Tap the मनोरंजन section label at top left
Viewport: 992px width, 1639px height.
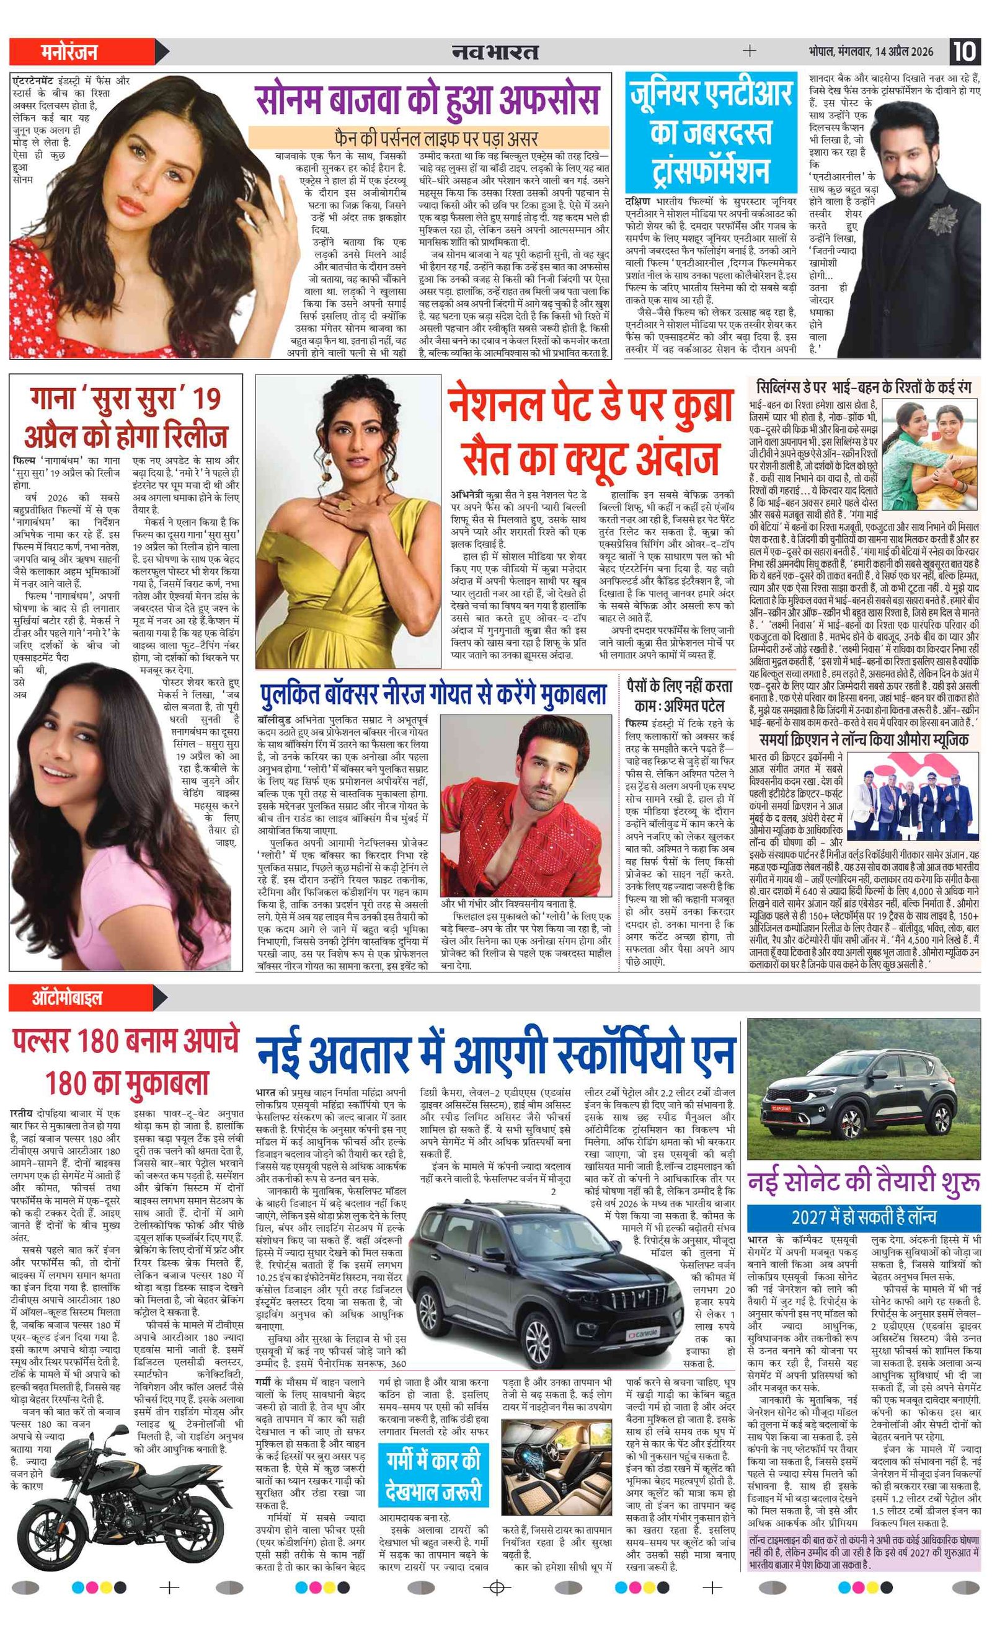tap(69, 51)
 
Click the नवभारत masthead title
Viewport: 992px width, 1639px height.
tap(495, 51)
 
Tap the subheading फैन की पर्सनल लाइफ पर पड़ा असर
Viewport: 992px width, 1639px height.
tap(428, 138)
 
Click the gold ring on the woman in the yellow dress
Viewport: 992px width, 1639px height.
tap(346, 506)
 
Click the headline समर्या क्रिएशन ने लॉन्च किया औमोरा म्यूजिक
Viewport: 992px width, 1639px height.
tap(864, 740)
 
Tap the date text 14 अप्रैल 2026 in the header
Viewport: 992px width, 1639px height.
tap(904, 51)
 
